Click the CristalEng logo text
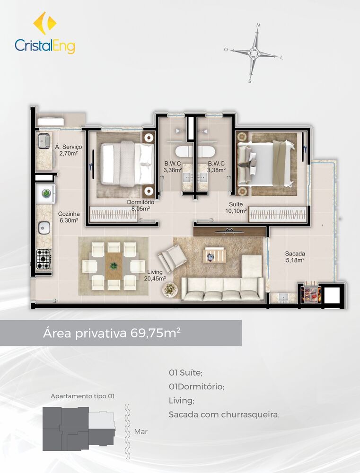45,46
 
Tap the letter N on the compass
258,25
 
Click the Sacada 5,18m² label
295,256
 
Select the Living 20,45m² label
156,275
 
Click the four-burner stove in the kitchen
44,259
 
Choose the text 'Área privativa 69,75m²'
112,333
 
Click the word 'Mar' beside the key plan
140,431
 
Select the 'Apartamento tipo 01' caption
82,396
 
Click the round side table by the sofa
171,289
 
